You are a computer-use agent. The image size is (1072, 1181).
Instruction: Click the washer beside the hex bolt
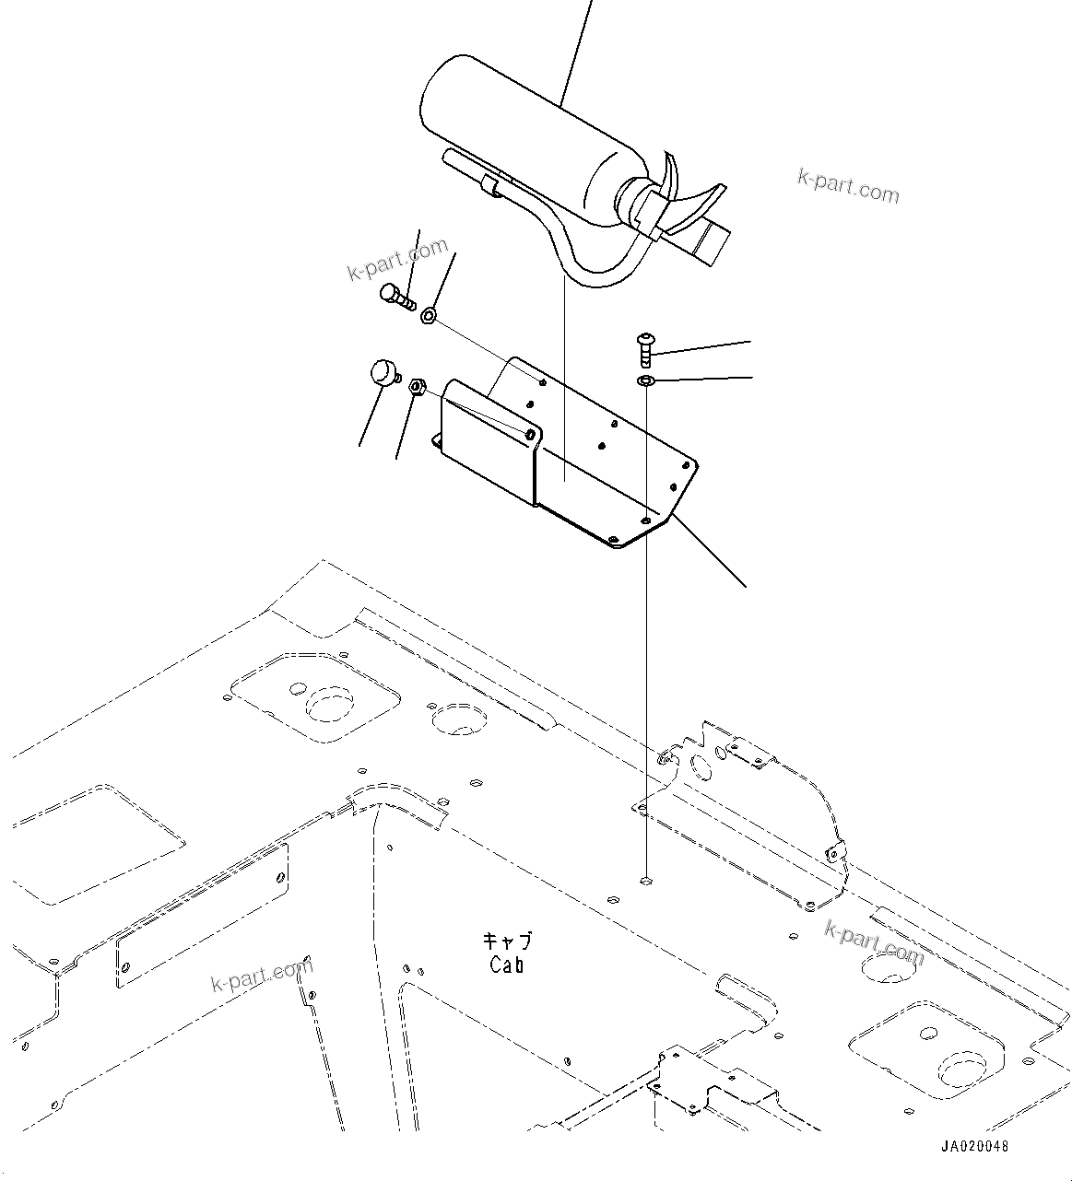[x=429, y=317]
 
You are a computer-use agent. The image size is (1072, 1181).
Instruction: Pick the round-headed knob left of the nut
[x=382, y=373]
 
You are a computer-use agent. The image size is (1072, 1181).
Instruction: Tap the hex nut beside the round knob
[x=416, y=386]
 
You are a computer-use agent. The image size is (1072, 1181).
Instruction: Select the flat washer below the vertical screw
[x=646, y=380]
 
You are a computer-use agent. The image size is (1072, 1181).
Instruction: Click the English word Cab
[x=507, y=965]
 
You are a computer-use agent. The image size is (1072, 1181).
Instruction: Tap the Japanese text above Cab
[x=508, y=941]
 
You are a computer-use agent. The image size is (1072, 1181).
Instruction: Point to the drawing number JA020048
[x=974, y=1147]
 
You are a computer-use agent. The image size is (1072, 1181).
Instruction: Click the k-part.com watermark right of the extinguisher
[x=848, y=187]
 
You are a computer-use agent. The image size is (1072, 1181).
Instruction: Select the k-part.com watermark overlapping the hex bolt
[x=397, y=258]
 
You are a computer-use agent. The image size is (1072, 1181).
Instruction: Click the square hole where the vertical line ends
[x=647, y=880]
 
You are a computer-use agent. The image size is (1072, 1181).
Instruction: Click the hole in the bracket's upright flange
[x=531, y=432]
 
